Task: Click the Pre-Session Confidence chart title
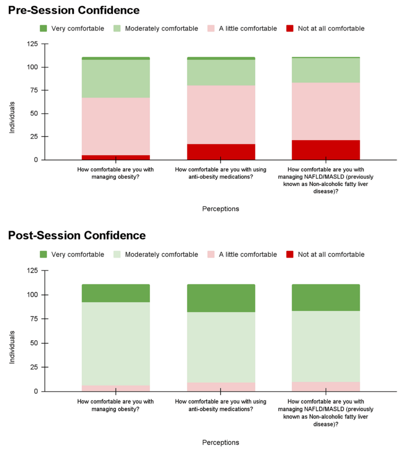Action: [x=74, y=10]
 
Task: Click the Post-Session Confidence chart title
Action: [x=77, y=236]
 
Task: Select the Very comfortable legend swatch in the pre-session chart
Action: [x=43, y=28]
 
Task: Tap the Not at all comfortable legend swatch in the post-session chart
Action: [x=290, y=254]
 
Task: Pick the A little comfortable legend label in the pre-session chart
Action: [x=247, y=28]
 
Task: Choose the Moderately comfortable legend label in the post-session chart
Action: [x=161, y=254]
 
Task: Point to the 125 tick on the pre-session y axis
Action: [x=32, y=44]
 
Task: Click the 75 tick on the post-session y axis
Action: [x=33, y=319]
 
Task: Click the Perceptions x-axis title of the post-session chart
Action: [x=220, y=442]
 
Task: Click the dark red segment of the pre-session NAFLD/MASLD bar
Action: [x=326, y=150]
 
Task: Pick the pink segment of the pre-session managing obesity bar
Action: [x=116, y=126]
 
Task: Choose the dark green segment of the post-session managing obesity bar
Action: [x=116, y=293]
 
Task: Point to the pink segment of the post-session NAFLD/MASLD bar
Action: [x=326, y=387]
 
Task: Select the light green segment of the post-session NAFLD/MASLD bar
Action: [x=326, y=346]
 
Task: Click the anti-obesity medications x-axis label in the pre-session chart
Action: [x=220, y=173]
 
